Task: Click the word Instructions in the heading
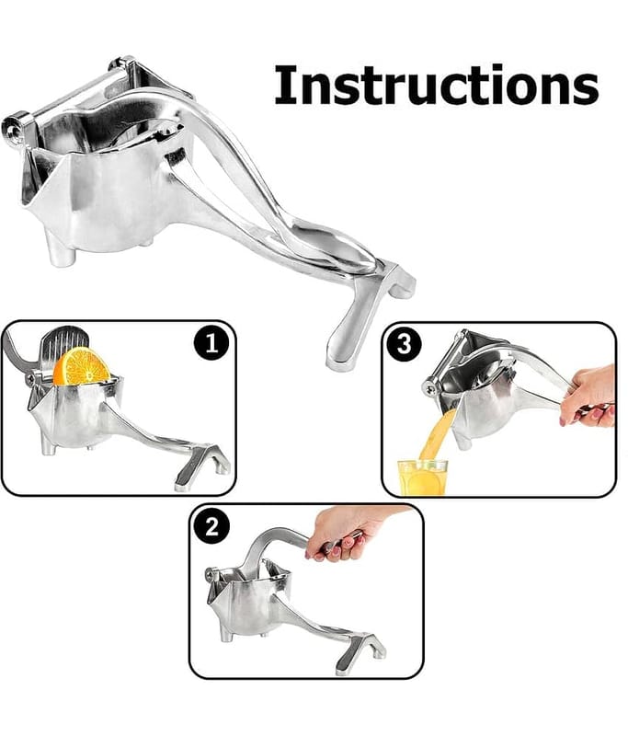point(436,85)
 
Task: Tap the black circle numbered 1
point(211,343)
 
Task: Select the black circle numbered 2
point(211,526)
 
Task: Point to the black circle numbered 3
point(405,345)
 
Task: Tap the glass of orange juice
point(422,477)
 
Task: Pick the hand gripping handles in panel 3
point(588,396)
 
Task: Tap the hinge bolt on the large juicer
point(13,126)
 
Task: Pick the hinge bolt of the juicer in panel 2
point(211,572)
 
